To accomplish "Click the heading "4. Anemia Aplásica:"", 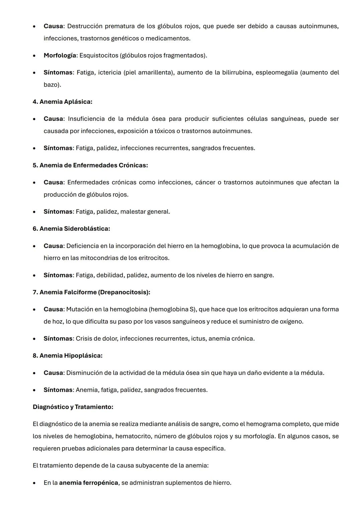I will pyautogui.click(x=63, y=102).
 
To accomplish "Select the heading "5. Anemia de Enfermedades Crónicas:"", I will pyautogui.click(x=90, y=165).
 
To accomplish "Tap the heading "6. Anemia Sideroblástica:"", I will pyautogui.click(x=71, y=229).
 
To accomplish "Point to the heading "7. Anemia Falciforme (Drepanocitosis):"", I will pyautogui.click(x=91, y=292).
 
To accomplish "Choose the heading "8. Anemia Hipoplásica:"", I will pyautogui.click(x=68, y=356).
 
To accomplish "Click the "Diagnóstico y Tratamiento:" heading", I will pyautogui.click(x=73, y=407).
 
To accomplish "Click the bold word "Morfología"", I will pyautogui.click(x=60, y=56).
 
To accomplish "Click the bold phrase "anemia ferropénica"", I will pyautogui.click(x=89, y=483).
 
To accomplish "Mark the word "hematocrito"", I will pyautogui.click(x=133, y=436).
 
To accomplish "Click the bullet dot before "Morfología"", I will pyautogui.click(x=34, y=56).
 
